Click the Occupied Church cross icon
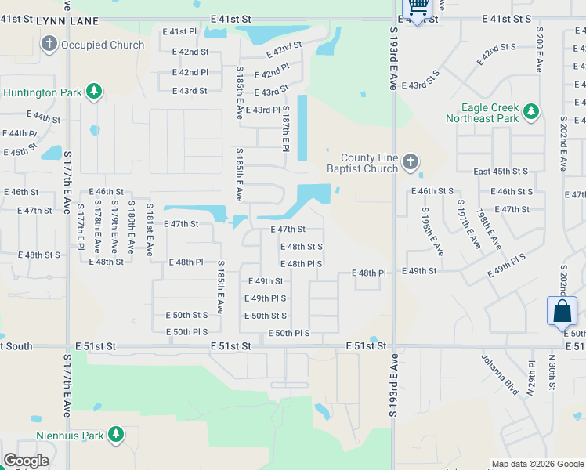pos(49,43)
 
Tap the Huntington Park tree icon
pos(94,92)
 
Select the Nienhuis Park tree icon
pos(116,434)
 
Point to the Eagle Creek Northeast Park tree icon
pos(531,112)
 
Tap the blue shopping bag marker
pos(562,311)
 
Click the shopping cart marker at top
pos(418,6)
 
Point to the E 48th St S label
pos(302,246)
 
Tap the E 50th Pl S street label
pos(289,334)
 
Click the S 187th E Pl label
pos(286,128)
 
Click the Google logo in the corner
pos(26,461)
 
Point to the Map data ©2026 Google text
pos(537,464)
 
